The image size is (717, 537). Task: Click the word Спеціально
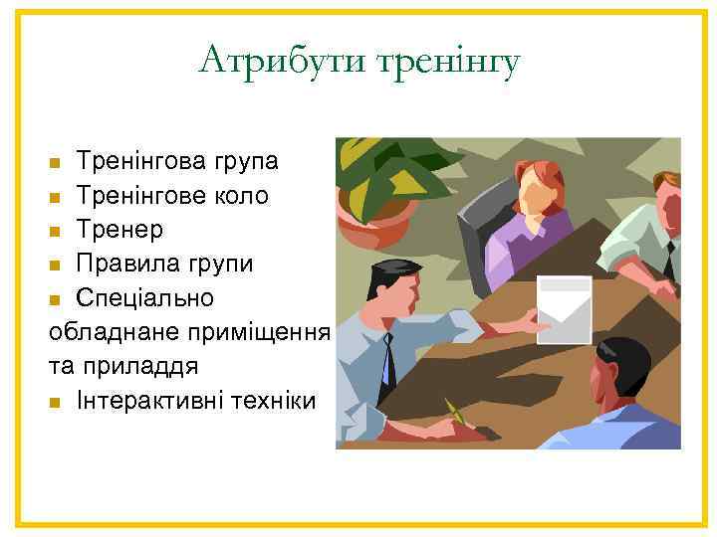tap(144, 298)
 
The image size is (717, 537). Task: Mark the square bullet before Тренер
tap(56, 232)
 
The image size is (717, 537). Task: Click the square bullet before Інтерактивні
tap(56, 403)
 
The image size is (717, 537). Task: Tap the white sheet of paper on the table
tap(564, 309)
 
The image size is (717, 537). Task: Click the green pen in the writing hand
tap(455, 411)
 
